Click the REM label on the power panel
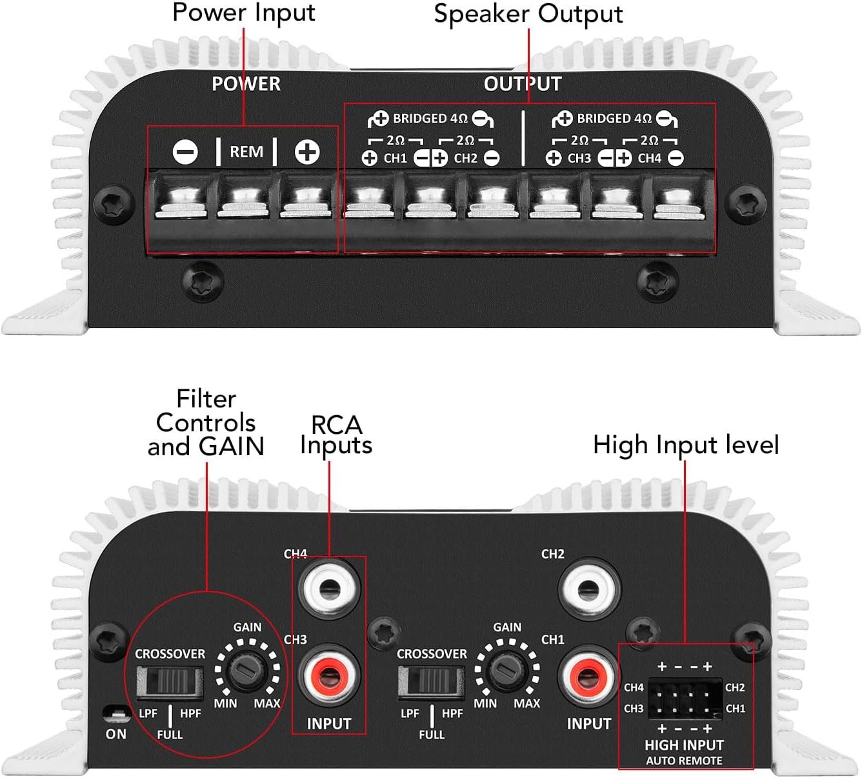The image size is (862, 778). tap(246, 152)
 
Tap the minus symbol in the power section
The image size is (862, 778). tap(185, 152)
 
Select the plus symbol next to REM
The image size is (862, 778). tap(307, 152)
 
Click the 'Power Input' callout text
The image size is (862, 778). tap(244, 13)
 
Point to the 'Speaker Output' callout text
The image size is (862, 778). tap(528, 14)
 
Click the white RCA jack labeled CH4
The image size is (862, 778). tap(329, 588)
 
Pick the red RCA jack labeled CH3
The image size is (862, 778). tap(329, 677)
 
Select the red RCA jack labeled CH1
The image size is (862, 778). tap(588, 677)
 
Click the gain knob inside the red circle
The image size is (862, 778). tap(248, 671)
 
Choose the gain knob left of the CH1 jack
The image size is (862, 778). tap(507, 671)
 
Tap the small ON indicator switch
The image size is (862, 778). tap(115, 714)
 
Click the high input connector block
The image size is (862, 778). tap(685, 699)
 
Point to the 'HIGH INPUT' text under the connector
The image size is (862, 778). tap(684, 745)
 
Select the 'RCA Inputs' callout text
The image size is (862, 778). tap(336, 435)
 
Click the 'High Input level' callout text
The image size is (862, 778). tap(686, 445)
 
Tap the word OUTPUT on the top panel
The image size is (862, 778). tap(523, 84)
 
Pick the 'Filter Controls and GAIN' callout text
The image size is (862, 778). tap(206, 423)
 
